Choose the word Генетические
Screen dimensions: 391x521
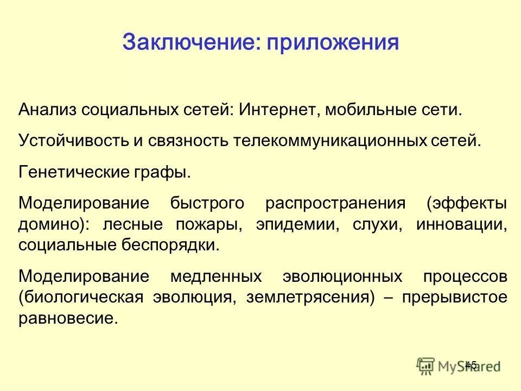click(x=69, y=172)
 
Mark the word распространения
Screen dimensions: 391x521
click(x=335, y=204)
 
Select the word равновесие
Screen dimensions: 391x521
click(x=68, y=318)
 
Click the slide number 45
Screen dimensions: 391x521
click(x=471, y=365)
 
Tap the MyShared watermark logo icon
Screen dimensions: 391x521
click(x=426, y=366)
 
